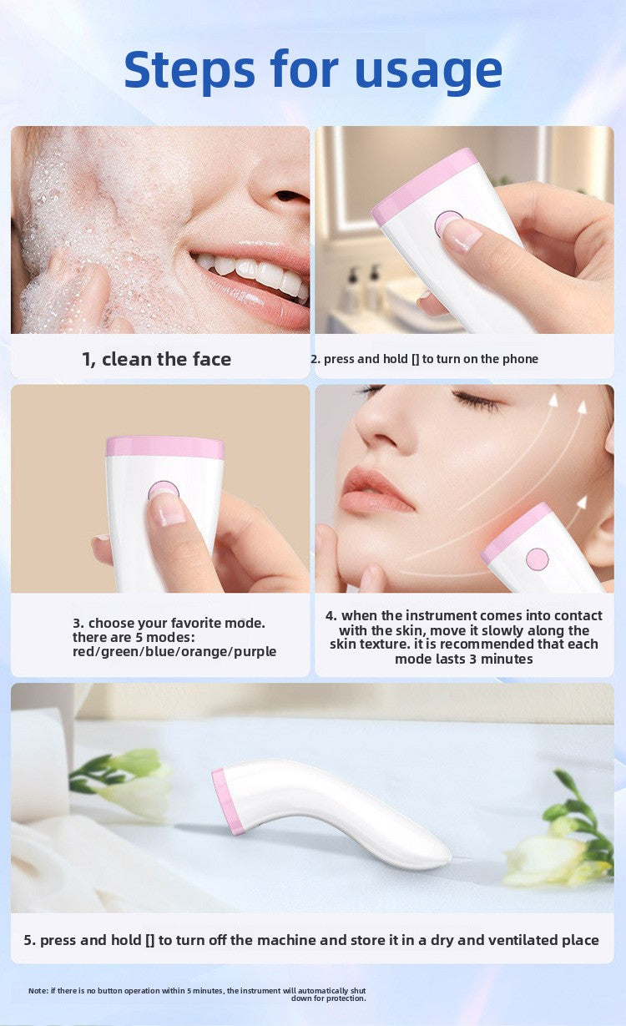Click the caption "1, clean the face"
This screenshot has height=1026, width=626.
coord(156,359)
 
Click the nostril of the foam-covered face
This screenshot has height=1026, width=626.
coord(291,197)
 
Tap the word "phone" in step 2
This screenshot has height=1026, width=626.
coord(520,359)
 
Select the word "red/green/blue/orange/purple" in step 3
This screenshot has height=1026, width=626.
coord(174,651)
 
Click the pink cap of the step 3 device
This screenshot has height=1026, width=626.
coord(164,447)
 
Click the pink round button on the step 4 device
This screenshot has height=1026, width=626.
coord(538,558)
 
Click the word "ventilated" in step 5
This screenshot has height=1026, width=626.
coord(494,940)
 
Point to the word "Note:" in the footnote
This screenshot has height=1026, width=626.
coord(38,990)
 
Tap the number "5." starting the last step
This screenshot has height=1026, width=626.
coord(30,940)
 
